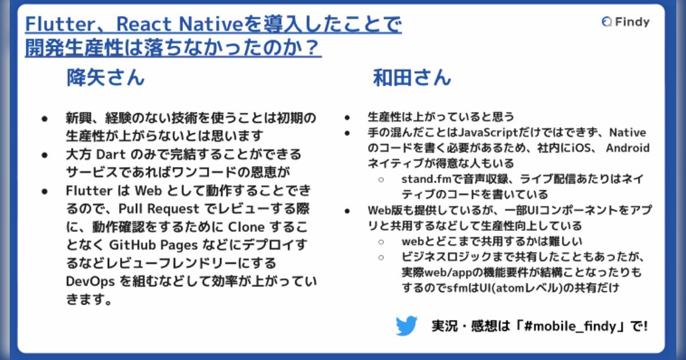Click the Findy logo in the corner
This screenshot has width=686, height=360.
(x=625, y=22)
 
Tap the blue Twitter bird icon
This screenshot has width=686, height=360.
(x=406, y=326)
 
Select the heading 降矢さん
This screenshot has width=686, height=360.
(x=105, y=78)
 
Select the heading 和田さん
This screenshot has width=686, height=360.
(x=412, y=78)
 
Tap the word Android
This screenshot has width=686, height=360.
(x=628, y=148)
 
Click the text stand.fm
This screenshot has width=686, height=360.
(x=424, y=179)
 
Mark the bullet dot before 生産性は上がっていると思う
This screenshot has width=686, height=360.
(x=347, y=118)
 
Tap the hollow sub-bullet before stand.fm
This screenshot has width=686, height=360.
(x=381, y=179)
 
